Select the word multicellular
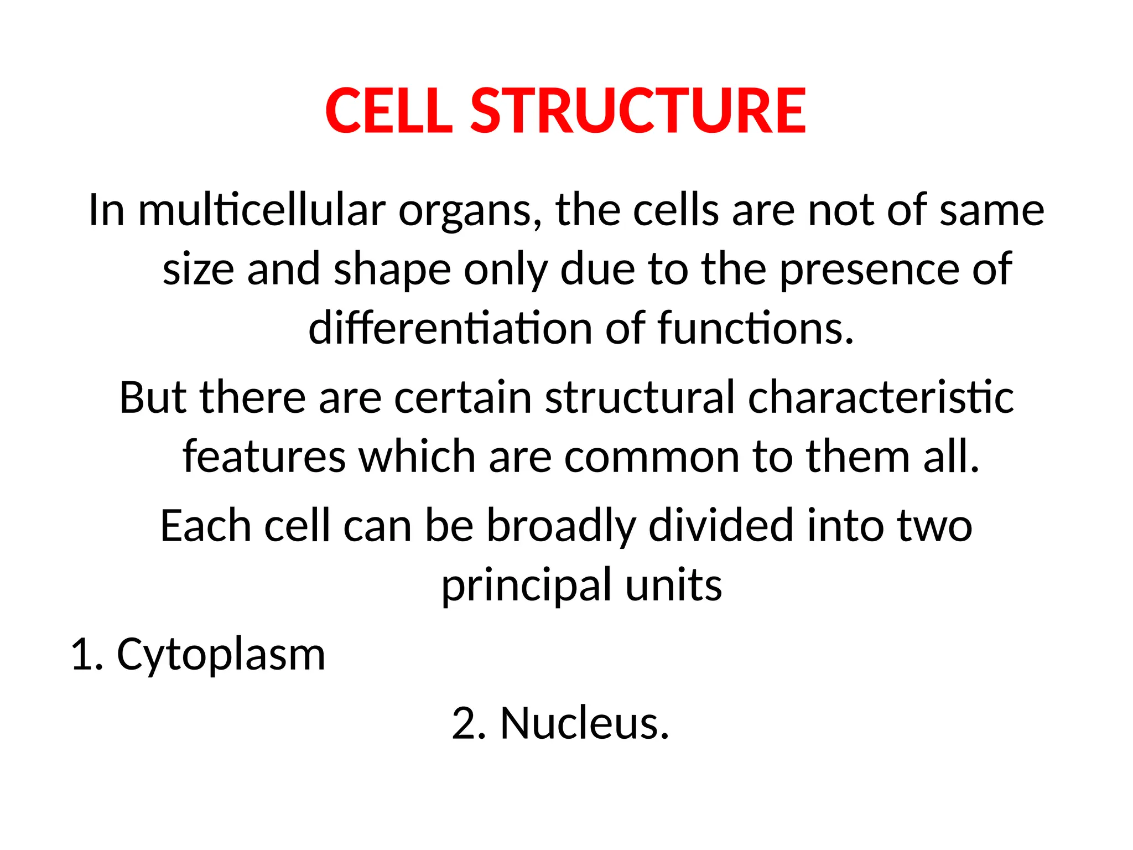[x=262, y=210]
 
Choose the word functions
[x=756, y=329]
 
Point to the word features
[x=264, y=457]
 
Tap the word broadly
[x=561, y=526]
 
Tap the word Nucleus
[x=585, y=723]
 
